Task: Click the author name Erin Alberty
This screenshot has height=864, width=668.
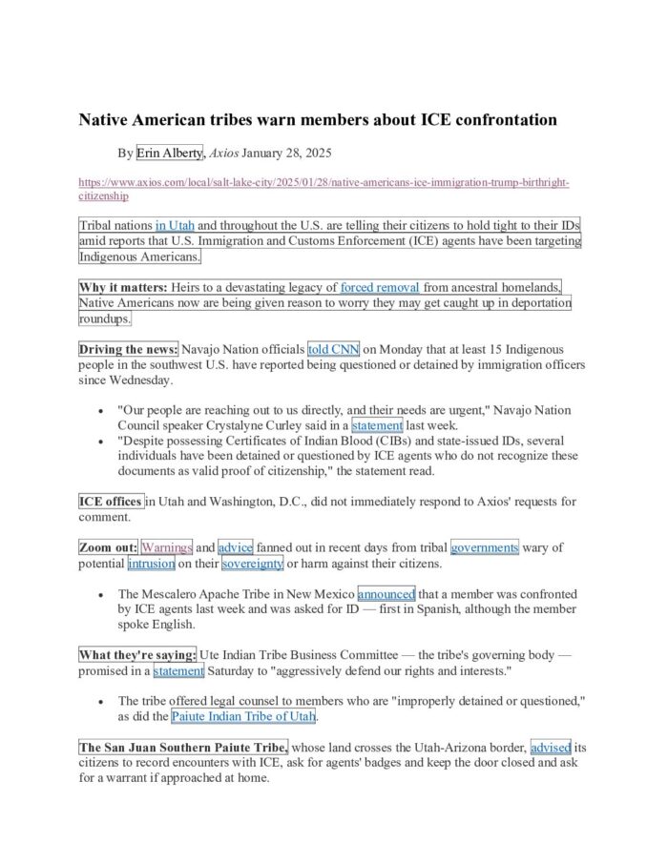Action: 170,153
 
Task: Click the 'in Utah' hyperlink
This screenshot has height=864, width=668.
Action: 175,226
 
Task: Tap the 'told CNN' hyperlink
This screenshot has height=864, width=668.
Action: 333,349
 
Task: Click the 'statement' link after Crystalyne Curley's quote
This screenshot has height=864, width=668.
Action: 377,425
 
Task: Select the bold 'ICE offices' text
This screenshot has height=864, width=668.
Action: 111,502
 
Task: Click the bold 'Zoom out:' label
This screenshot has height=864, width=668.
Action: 108,547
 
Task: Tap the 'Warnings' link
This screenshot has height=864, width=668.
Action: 166,547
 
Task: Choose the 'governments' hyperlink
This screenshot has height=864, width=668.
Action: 485,547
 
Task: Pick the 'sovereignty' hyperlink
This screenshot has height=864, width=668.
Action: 253,564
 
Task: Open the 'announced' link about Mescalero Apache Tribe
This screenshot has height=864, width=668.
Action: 386,593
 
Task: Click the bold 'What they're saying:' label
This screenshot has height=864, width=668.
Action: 137,655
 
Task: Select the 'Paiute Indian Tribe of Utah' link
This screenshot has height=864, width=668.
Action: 244,716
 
